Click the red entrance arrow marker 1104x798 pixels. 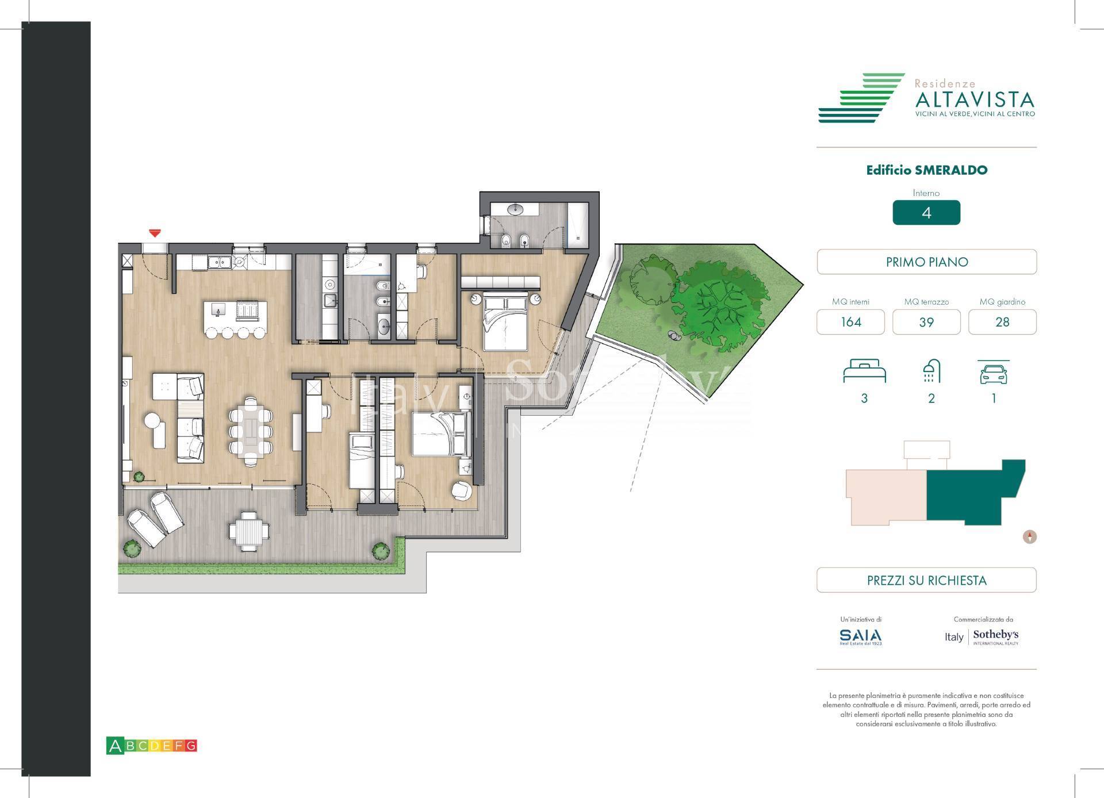[155, 233]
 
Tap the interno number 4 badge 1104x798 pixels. [926, 213]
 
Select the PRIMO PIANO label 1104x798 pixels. [926, 262]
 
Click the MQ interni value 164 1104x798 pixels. [850, 322]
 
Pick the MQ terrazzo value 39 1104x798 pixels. [926, 322]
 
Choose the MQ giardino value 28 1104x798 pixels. [1002, 322]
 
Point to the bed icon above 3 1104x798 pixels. [864, 371]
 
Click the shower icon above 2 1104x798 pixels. [931, 371]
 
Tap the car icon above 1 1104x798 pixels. [994, 373]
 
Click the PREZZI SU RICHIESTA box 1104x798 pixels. [926, 580]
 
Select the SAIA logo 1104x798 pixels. [860, 636]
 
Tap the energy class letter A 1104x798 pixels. [115, 746]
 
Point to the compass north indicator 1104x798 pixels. [1030, 537]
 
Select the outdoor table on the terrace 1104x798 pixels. [248, 530]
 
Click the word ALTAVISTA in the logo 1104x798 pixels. [974, 101]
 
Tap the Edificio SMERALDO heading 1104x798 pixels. [926, 170]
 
